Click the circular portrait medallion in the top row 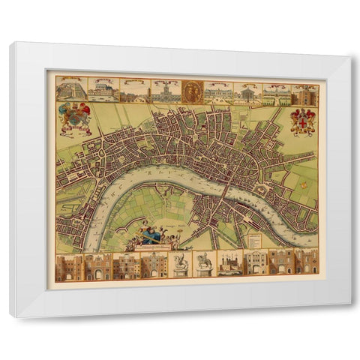click(193, 91)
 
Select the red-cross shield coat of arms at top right click(303, 120)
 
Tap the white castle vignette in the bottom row click(230, 263)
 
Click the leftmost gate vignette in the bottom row click(68, 265)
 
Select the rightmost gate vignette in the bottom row click(307, 263)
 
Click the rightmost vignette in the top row click(305, 94)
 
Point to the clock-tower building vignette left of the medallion click(164, 91)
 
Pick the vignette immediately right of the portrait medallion click(219, 91)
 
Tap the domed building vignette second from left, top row click(103, 90)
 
